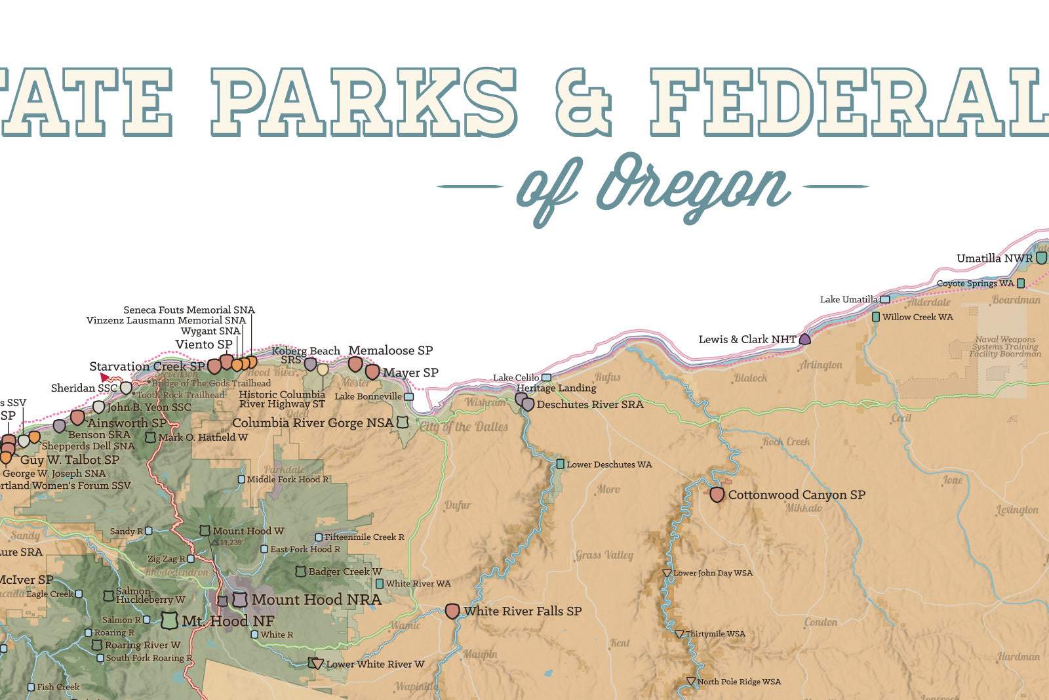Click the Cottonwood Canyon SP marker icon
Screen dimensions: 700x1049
tap(717, 495)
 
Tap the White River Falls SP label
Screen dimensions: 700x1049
tap(523, 611)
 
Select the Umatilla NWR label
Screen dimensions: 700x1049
tap(994, 258)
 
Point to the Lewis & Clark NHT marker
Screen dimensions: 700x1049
tap(804, 339)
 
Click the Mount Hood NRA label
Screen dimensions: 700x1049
tap(316, 600)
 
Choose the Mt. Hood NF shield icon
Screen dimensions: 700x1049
tap(169, 620)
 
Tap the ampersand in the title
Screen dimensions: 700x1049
tap(583, 102)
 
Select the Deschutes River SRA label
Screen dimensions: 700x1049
tap(589, 405)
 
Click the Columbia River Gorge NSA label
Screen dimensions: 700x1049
tap(313, 423)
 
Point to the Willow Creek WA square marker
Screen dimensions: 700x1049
tap(876, 317)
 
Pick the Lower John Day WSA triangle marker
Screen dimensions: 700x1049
tap(667, 573)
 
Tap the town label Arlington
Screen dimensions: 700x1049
tap(820, 365)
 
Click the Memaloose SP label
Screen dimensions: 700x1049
tap(390, 350)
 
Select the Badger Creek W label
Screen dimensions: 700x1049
tap(345, 572)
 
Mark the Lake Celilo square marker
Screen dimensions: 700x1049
tap(546, 378)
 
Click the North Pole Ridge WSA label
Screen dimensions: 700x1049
tap(739, 682)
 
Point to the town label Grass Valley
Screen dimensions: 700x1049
tap(604, 555)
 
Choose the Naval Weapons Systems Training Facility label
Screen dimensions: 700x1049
tap(1005, 347)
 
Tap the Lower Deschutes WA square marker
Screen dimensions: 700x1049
tap(561, 464)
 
